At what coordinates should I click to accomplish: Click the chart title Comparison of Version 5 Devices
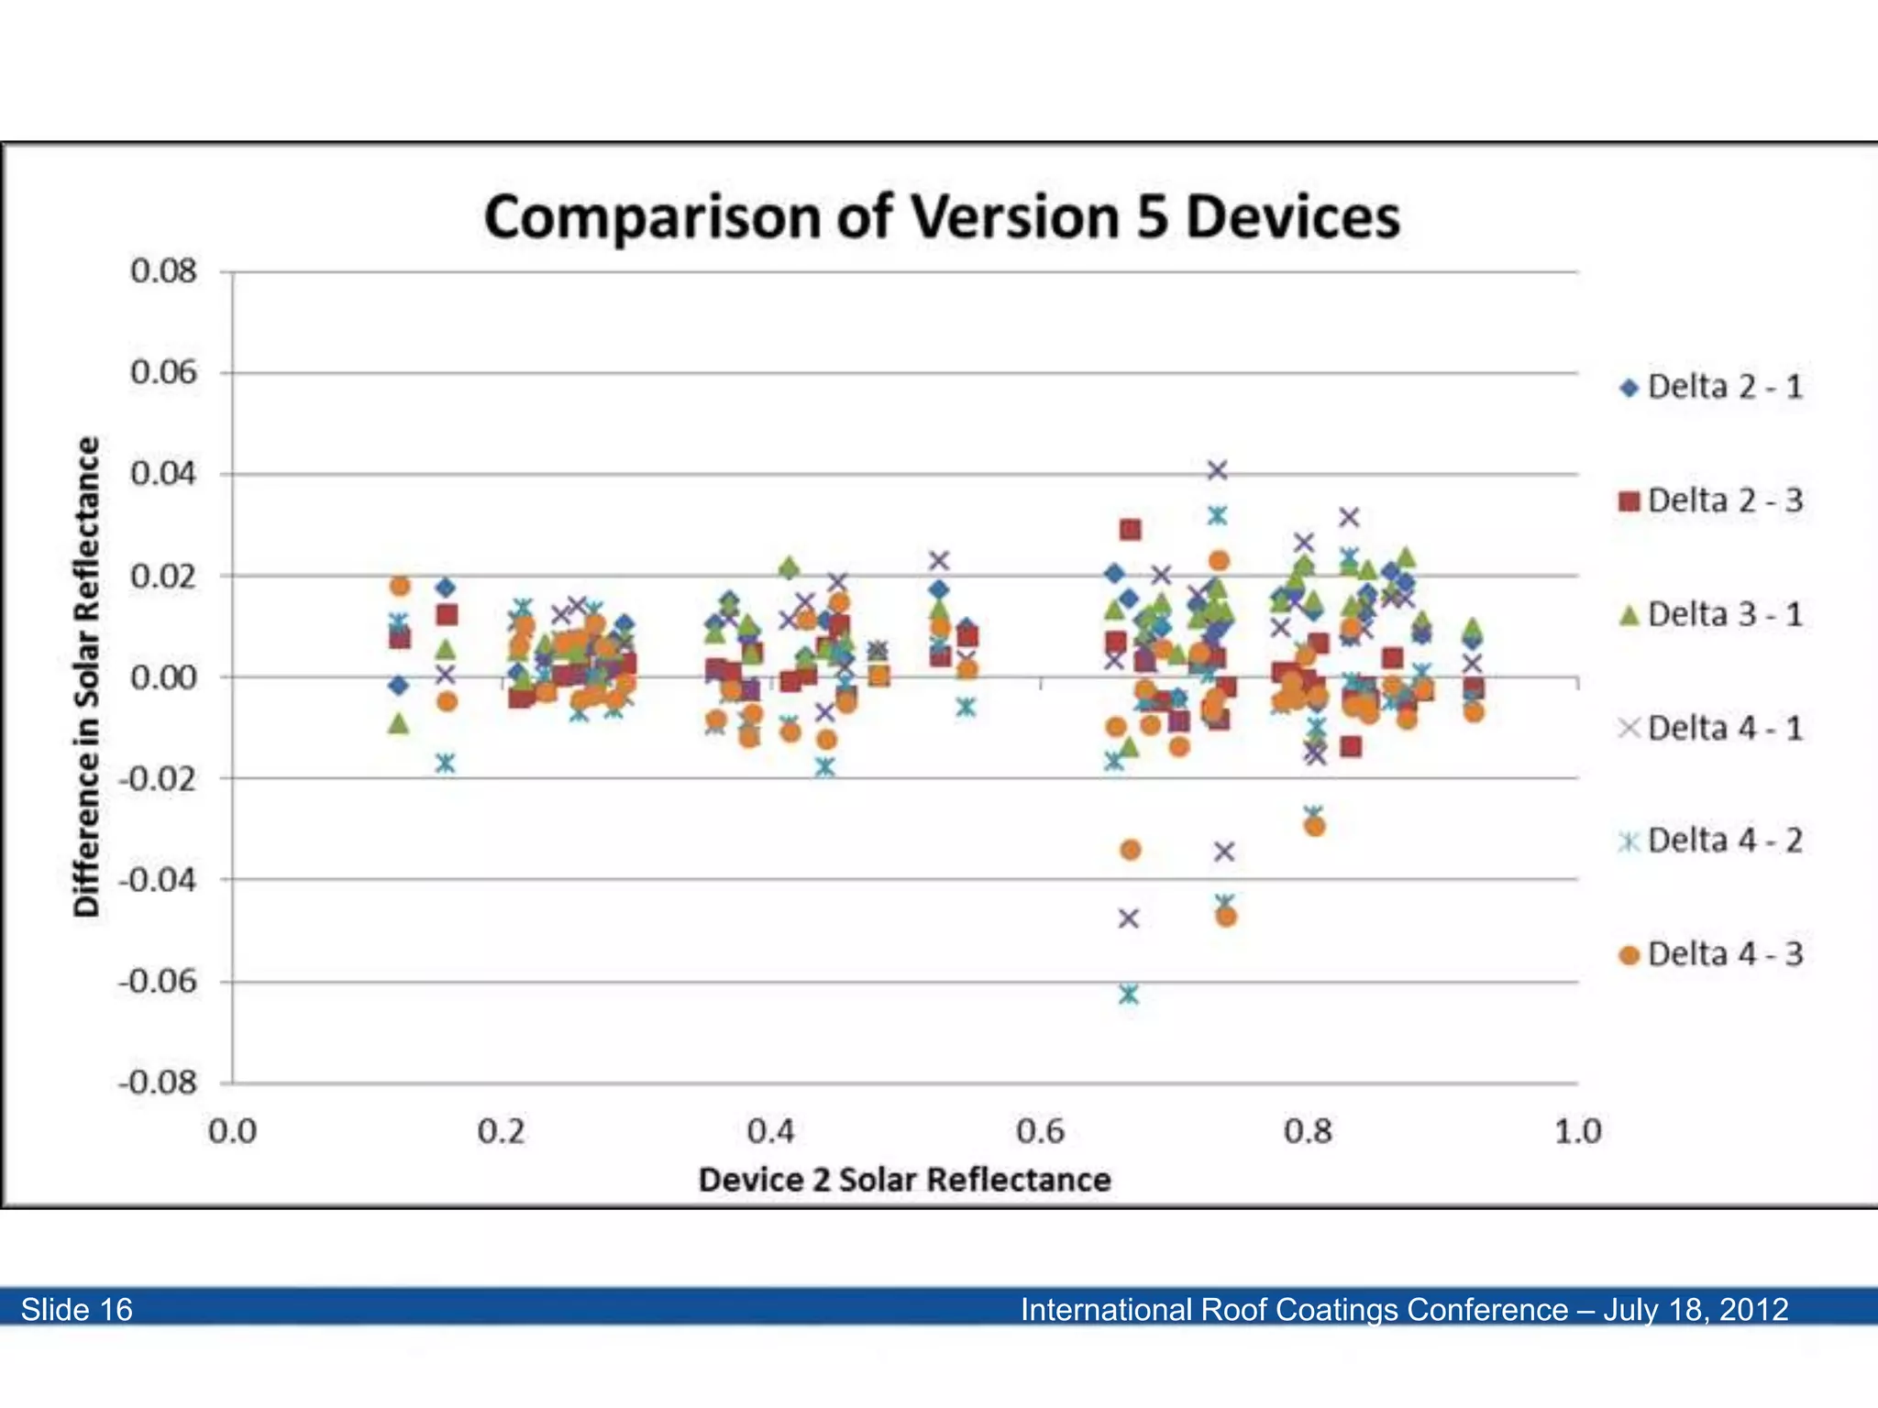(942, 217)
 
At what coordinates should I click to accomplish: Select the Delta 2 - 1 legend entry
(1711, 387)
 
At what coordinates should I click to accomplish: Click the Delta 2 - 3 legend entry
(1711, 500)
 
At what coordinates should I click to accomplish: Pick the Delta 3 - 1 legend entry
(1711, 614)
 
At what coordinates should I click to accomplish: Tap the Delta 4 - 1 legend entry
(1711, 729)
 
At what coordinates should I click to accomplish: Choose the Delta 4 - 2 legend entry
(1711, 841)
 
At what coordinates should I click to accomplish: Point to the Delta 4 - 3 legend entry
(1711, 954)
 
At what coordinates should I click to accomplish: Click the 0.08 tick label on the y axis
(163, 271)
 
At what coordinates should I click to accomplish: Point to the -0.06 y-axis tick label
(158, 982)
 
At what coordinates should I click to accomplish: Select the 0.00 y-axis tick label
(163, 678)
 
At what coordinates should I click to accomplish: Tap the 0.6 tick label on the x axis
(1040, 1132)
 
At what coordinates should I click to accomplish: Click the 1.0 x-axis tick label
(1577, 1132)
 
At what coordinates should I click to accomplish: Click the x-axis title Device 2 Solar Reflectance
(904, 1180)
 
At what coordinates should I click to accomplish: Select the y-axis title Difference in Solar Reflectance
(86, 676)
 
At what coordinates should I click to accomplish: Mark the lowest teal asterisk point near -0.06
(1129, 995)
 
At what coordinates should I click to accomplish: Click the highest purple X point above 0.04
(1217, 470)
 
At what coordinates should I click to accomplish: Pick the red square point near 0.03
(1130, 530)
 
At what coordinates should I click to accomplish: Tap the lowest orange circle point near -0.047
(1226, 917)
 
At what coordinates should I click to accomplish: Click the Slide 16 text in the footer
(77, 1309)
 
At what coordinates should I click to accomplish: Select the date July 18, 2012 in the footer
(1696, 1309)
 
